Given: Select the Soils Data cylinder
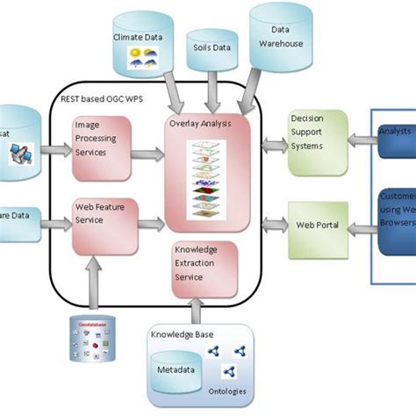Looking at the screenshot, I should pyautogui.click(x=213, y=48).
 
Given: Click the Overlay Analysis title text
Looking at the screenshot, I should pyautogui.click(x=200, y=124).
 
